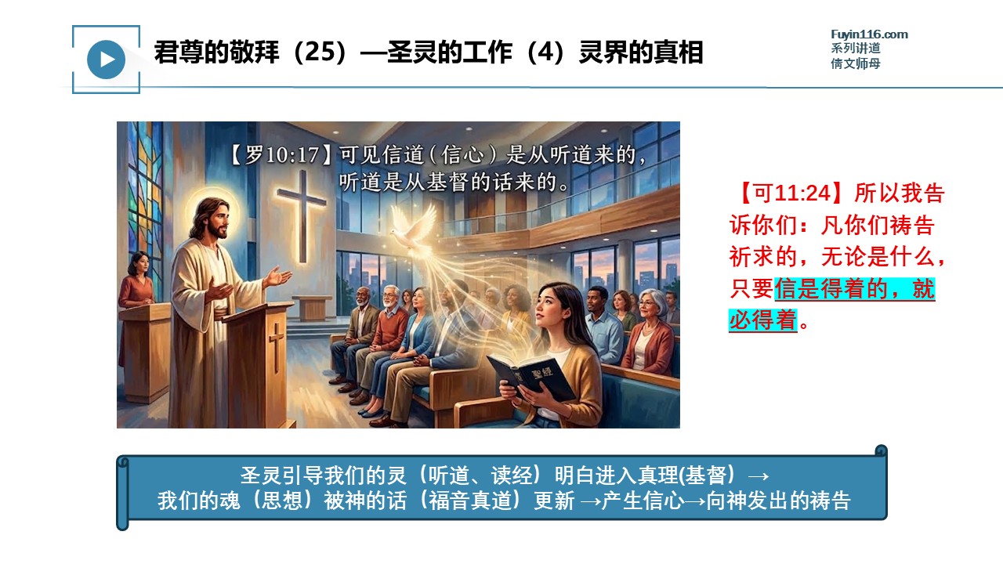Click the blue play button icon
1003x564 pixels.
[106, 60]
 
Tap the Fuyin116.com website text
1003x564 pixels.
[869, 34]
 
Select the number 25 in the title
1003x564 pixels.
[318, 52]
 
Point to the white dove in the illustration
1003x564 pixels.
[412, 228]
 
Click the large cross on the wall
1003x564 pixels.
[302, 215]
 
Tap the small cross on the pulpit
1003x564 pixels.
[277, 347]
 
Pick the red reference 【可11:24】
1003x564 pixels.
[791, 193]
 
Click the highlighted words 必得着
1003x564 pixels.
[763, 320]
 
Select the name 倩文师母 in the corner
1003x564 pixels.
[855, 63]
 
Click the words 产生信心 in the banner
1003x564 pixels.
[643, 501]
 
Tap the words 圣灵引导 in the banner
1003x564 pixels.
[281, 475]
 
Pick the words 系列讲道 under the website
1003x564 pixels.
[855, 49]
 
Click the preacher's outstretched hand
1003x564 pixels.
[277, 277]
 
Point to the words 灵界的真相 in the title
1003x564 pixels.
[641, 52]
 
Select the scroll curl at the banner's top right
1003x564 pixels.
[881, 450]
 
